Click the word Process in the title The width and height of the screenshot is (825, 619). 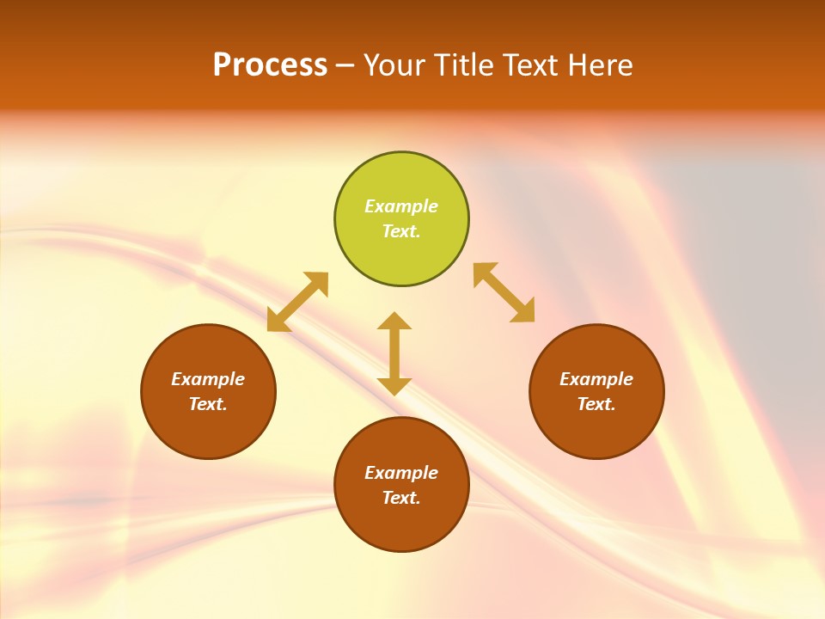[x=270, y=65]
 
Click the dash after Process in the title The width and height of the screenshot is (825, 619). [x=345, y=66]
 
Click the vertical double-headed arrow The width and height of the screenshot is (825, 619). [x=394, y=353]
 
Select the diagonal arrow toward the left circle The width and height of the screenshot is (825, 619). [x=297, y=301]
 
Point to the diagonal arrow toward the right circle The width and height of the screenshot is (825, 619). [x=504, y=292]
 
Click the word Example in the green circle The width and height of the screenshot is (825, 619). [x=401, y=206]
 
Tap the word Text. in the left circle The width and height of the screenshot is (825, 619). [x=208, y=404]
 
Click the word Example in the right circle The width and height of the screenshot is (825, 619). [x=596, y=379]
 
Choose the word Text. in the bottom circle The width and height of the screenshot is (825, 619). [x=401, y=498]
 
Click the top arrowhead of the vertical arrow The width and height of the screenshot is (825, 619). [x=394, y=321]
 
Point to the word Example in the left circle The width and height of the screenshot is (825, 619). [x=208, y=379]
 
